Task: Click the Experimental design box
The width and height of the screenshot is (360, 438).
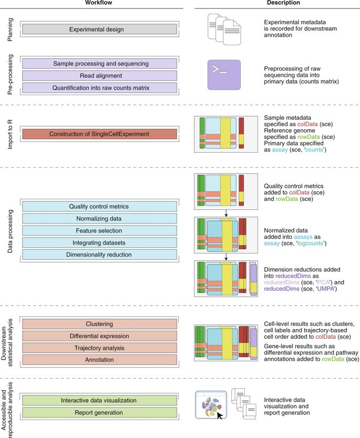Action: click(x=99, y=29)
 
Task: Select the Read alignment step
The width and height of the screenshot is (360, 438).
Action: click(x=99, y=76)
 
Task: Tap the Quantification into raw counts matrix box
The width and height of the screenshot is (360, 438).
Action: click(x=99, y=88)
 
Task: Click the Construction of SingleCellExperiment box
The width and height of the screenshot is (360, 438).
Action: click(x=99, y=134)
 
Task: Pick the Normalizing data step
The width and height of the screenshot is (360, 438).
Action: click(x=99, y=218)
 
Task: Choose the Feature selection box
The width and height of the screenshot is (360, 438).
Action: click(x=99, y=230)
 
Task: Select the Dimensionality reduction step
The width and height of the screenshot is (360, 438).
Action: click(x=99, y=254)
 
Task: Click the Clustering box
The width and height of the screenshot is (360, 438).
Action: click(x=99, y=324)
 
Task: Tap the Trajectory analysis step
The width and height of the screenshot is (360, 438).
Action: click(x=99, y=348)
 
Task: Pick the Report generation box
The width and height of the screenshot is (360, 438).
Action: click(x=99, y=413)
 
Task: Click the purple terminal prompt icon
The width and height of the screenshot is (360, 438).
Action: click(x=224, y=75)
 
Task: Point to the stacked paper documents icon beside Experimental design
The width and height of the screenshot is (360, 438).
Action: click(x=224, y=29)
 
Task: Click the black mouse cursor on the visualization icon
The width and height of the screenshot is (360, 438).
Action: click(x=220, y=415)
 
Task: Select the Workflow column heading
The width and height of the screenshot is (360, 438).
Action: click(x=99, y=3)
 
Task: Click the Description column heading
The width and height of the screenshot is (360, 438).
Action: click(x=283, y=3)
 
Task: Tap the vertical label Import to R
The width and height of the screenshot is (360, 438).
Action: click(x=10, y=135)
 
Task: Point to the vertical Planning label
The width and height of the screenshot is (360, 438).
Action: click(x=10, y=29)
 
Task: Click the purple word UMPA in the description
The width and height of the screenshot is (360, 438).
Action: click(x=326, y=289)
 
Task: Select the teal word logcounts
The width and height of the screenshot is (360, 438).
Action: click(x=311, y=243)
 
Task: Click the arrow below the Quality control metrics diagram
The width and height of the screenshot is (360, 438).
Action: click(x=226, y=213)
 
